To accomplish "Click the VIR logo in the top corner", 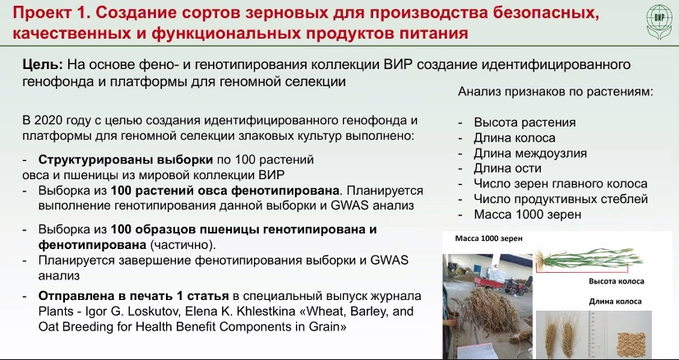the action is pyautogui.click(x=659, y=21).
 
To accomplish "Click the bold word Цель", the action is pyautogui.click(x=43, y=65).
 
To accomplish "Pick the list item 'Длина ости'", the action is pyautogui.click(x=507, y=168).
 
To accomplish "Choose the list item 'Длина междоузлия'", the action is pyautogui.click(x=530, y=153).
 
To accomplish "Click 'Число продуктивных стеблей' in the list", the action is pyautogui.click(x=561, y=199).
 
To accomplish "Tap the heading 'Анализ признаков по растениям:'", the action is pyautogui.click(x=556, y=92).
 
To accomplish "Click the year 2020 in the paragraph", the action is pyautogui.click(x=48, y=120).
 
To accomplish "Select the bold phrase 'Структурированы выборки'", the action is pyautogui.click(x=126, y=159).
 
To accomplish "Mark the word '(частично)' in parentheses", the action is pyautogui.click(x=182, y=245).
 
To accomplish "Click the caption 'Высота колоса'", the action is pyautogui.click(x=617, y=281).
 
